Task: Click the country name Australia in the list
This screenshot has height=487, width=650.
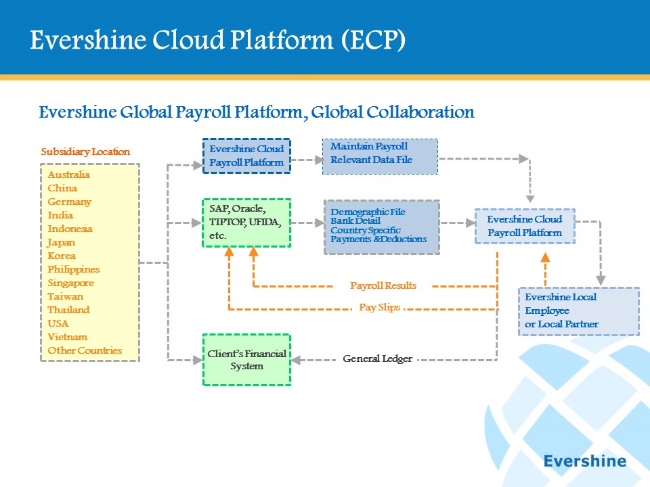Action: click(68, 175)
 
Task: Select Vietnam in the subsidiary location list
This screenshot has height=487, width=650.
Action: click(67, 337)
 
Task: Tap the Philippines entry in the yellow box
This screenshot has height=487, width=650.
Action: click(73, 270)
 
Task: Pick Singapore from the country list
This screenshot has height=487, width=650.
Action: click(70, 283)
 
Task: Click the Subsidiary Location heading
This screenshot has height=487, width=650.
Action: click(85, 152)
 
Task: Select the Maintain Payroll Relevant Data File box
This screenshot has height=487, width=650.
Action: click(380, 156)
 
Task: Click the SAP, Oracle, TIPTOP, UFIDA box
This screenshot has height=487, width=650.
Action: click(246, 223)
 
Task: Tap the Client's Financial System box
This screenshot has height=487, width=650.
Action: click(246, 360)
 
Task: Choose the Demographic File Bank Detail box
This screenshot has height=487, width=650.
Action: click(382, 227)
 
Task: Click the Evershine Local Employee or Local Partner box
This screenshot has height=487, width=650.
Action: click(579, 311)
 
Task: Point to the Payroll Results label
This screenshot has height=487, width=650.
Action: click(383, 285)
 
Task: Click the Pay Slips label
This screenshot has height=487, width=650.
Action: click(379, 307)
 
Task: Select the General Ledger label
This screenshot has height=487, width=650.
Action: click(377, 358)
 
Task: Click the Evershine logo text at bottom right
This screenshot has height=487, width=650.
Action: click(585, 461)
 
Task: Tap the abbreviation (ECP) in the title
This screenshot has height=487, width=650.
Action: click(373, 40)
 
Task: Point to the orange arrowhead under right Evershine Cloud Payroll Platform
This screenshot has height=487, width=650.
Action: click(545, 257)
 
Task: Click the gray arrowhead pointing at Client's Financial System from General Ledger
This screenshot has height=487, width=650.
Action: click(296, 360)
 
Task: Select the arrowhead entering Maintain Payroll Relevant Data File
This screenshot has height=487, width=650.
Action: click(318, 160)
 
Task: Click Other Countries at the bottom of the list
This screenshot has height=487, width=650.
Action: click(85, 350)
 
